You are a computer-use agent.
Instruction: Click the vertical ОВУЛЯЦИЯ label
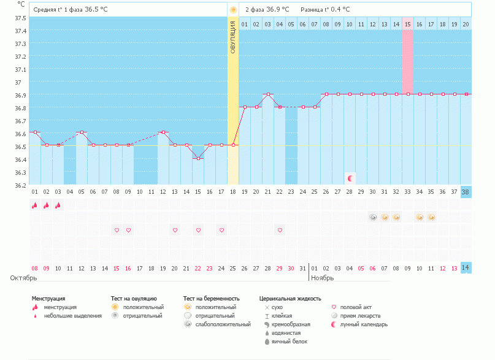click(233, 37)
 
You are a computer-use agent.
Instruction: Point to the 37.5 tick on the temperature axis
click(20, 18)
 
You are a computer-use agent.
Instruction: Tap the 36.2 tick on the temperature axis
click(20, 185)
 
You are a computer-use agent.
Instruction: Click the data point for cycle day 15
click(198, 158)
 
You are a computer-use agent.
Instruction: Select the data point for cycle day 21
click(268, 94)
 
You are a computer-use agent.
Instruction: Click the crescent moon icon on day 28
click(350, 178)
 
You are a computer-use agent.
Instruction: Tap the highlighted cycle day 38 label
click(466, 191)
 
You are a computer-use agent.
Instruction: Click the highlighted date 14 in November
click(466, 268)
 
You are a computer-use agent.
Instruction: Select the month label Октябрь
click(23, 278)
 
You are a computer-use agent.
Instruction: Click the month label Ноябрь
click(323, 278)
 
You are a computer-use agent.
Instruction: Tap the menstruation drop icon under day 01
click(35, 205)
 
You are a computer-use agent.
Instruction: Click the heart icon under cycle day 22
click(280, 230)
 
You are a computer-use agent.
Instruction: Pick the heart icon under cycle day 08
click(117, 230)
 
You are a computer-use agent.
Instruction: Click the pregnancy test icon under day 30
click(373, 217)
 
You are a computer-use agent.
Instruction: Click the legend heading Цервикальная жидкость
click(290, 298)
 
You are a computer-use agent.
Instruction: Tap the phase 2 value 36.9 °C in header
click(280, 10)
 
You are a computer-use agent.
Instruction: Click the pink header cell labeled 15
click(408, 24)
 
